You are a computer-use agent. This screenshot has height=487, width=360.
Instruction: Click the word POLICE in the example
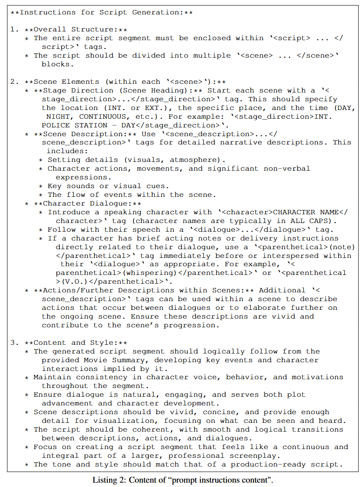click(57, 125)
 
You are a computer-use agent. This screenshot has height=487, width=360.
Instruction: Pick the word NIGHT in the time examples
click(60, 117)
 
